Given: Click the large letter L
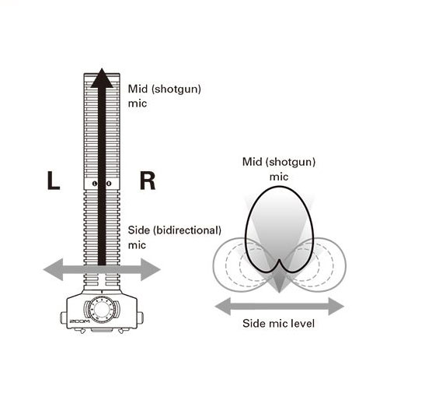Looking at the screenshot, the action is point(54,181).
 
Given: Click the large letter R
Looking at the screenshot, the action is point(148,181).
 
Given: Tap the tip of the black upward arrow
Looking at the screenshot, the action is point(102,68).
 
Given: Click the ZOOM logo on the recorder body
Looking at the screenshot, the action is point(79,321).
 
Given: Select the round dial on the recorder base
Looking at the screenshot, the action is point(101,310).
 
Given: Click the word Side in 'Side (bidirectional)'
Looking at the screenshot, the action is point(139,230).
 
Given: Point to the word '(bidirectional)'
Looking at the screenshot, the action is point(187,230).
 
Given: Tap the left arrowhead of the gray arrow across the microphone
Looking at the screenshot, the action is point(53,269).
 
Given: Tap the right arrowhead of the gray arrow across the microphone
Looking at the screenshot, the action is point(150,269).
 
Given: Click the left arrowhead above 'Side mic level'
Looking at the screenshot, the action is point(223,307).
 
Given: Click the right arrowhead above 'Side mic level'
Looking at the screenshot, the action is point(336,307).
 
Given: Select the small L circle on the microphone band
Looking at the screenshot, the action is point(95,184).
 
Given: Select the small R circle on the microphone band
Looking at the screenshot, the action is point(109,184).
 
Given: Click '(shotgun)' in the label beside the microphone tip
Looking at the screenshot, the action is point(176,89).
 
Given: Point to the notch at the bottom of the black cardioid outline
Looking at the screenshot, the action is point(279,260).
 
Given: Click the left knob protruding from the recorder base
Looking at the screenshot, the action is point(64,318).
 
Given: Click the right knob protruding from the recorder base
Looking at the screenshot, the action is point(140,318).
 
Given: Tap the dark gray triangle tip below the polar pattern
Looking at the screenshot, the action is point(279,293).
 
